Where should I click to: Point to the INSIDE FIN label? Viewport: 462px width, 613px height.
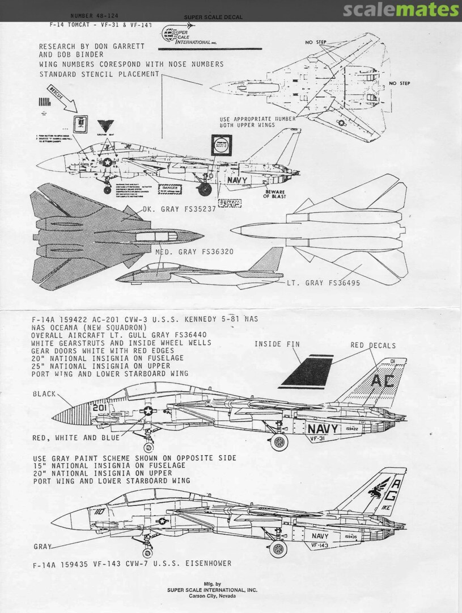(x=277, y=344)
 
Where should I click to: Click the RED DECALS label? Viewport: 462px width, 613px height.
(x=374, y=345)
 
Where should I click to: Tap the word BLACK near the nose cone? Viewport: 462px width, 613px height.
(x=44, y=393)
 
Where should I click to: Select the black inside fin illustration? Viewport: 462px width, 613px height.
(x=310, y=372)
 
